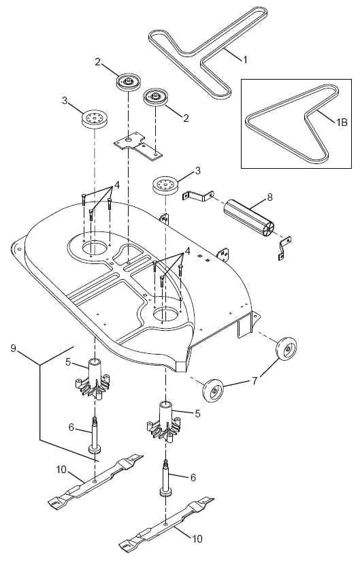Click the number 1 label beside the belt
245,60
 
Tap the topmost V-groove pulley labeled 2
127,82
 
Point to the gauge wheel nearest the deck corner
213,391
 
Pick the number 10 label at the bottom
197,538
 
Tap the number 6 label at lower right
193,478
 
